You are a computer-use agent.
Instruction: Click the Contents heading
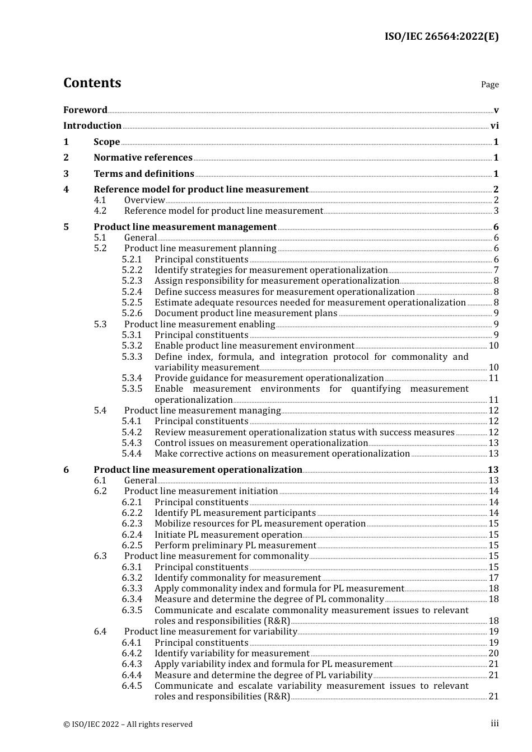(92, 83)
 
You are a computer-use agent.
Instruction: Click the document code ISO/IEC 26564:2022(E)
(441, 36)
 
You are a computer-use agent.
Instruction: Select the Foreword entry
(85, 110)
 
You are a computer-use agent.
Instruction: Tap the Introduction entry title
(92, 126)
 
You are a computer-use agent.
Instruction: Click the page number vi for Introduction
(494, 126)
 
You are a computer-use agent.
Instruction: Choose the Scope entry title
(106, 142)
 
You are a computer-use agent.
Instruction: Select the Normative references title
(143, 158)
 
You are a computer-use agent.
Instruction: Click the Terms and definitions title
(144, 174)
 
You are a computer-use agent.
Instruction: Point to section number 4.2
(100, 211)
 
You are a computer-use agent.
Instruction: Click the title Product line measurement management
(185, 227)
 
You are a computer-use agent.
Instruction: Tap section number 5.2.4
(132, 292)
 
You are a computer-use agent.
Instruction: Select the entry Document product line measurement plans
(246, 313)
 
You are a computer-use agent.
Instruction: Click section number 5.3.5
(132, 389)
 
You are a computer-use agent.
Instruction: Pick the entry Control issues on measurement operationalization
(261, 443)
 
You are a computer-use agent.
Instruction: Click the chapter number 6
(66, 470)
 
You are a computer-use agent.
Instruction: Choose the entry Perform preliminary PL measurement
(235, 546)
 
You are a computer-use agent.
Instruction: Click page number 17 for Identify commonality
(493, 578)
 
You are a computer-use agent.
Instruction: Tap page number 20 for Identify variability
(493, 654)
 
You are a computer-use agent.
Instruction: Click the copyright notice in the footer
(128, 725)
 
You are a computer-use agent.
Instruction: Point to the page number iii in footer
(494, 723)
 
